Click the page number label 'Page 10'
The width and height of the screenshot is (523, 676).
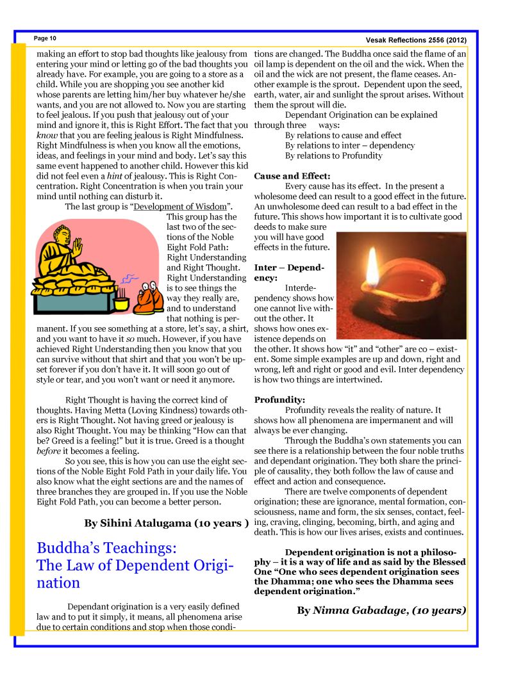point(45,38)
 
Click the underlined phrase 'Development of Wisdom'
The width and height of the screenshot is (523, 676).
point(180,207)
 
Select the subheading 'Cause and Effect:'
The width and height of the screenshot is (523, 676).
point(292,176)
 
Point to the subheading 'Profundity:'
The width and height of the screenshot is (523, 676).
point(279,399)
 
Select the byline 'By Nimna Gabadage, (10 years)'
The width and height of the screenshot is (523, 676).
point(381,610)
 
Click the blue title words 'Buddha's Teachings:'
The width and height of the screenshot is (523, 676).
point(106,549)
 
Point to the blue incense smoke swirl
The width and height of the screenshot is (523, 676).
point(129,278)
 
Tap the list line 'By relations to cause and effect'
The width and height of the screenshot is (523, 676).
point(343,135)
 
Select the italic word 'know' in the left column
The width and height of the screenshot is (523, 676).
point(47,135)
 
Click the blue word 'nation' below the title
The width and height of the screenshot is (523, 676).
point(58,583)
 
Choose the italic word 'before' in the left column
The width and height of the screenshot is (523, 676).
point(51,451)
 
